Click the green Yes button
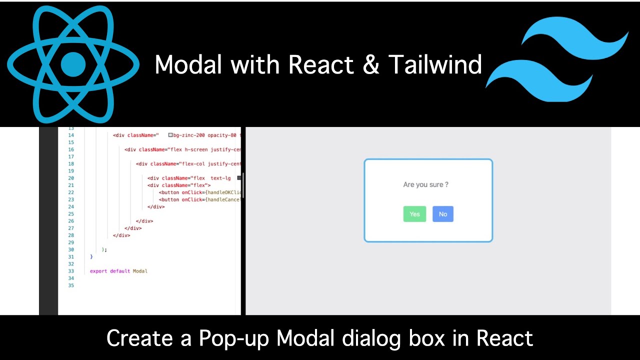pyautogui.click(x=414, y=214)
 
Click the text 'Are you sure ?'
pyautogui.click(x=425, y=184)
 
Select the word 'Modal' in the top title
pyautogui.click(x=188, y=64)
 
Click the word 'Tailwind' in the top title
pyautogui.click(x=434, y=64)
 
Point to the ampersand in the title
pyautogui.click(x=371, y=65)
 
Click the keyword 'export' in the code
pyautogui.click(x=98, y=271)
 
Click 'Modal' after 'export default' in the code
pyautogui.click(x=140, y=271)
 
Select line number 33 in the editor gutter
pyautogui.click(x=70, y=271)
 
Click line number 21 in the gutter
pyautogui.click(x=70, y=185)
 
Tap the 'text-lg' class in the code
pyautogui.click(x=220, y=178)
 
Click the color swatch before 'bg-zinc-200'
pyautogui.click(x=170, y=135)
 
